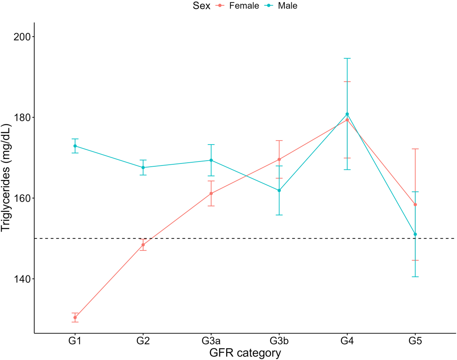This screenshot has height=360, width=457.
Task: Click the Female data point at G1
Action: click(75, 318)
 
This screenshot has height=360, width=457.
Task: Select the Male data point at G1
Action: click(75, 146)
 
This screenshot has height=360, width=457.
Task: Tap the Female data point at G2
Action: click(143, 245)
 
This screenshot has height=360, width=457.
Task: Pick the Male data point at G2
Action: click(143, 168)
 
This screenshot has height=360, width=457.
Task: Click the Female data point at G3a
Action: click(211, 193)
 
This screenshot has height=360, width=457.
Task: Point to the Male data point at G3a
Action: click(211, 160)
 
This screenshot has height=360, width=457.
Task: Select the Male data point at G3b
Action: click(279, 190)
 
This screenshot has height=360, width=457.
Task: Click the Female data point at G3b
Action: click(279, 159)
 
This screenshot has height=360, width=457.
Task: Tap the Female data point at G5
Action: click(415, 205)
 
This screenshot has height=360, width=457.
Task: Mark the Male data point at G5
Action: click(415, 234)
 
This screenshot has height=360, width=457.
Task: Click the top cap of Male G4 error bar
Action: click(347, 58)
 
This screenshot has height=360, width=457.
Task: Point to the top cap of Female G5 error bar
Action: click(415, 149)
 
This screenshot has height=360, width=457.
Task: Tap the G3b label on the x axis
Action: click(279, 341)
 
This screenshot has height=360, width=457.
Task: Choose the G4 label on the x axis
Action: click(347, 341)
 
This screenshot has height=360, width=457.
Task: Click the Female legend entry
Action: click(237, 6)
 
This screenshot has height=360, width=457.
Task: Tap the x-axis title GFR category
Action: click(245, 353)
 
